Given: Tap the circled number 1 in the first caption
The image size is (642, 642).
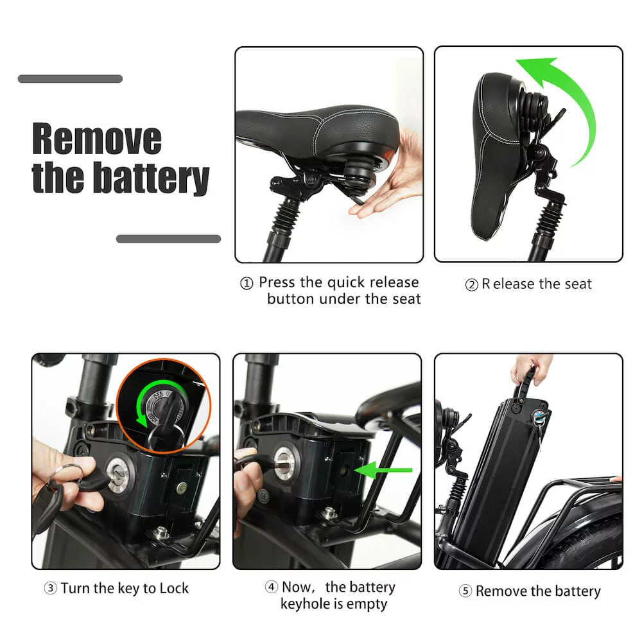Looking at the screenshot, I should pyautogui.click(x=247, y=284).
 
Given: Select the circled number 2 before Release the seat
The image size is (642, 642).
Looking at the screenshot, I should pyautogui.click(x=471, y=284).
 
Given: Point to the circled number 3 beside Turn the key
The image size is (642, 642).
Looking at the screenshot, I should pyautogui.click(x=51, y=588).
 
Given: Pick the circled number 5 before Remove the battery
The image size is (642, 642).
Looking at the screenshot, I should pyautogui.click(x=465, y=591).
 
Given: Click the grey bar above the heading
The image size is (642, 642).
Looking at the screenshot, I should pyautogui.click(x=70, y=79).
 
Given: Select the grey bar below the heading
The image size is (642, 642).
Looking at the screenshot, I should pyautogui.click(x=168, y=239).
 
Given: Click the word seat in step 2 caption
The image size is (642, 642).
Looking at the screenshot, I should pyautogui.click(x=577, y=284).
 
